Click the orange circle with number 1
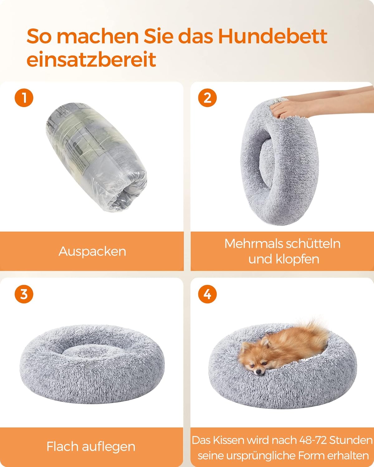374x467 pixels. click(x=24, y=98)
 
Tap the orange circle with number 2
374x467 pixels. click(x=207, y=98)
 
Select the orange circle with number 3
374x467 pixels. click(x=24, y=294)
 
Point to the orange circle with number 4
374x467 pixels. click(x=207, y=294)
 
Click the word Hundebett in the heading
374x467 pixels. click(x=272, y=36)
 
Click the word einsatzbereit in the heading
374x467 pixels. click(x=91, y=59)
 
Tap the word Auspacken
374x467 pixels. click(x=92, y=251)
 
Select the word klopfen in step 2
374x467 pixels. click(x=298, y=259)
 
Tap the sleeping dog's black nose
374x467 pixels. click(x=258, y=372)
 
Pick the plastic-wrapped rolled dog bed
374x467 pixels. click(x=96, y=157)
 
